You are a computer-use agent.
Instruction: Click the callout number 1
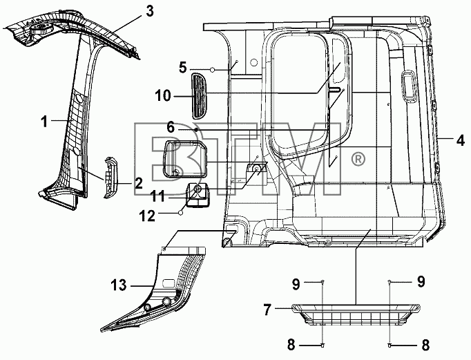click(44, 122)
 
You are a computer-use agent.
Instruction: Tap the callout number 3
click(150, 11)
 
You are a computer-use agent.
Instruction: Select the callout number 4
click(461, 140)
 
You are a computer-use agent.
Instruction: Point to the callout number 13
click(119, 285)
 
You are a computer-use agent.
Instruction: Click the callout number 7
click(267, 310)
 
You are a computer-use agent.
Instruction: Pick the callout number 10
click(163, 96)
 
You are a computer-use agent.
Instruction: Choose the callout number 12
click(147, 216)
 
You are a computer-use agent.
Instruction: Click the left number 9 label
click(296, 284)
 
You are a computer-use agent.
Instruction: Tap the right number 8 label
click(425, 345)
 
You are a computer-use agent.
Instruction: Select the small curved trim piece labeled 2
click(110, 178)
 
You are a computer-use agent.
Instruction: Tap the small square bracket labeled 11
click(198, 195)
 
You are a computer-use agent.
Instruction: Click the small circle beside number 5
click(213, 70)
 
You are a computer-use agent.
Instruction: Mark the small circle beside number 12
click(180, 213)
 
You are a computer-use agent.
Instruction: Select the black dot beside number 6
click(196, 129)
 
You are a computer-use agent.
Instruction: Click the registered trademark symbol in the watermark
click(358, 159)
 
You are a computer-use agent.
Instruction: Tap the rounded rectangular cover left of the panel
click(184, 159)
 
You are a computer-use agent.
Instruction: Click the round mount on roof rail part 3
click(41, 30)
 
